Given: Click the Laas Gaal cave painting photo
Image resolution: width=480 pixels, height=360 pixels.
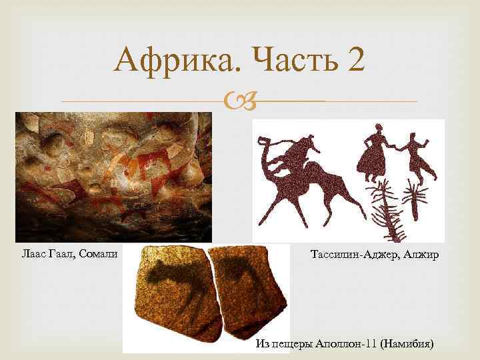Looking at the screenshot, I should [113, 177].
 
